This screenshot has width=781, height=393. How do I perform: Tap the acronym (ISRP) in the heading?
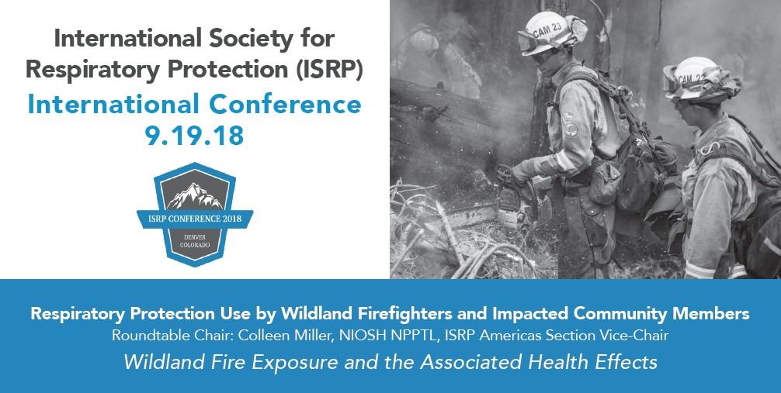coord(331,70)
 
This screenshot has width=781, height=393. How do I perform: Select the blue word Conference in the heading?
coord(285,105)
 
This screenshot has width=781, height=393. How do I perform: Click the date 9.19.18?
coord(195,136)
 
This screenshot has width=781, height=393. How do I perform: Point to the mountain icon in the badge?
coord(195,195)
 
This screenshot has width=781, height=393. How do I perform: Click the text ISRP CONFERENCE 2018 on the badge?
coord(195,219)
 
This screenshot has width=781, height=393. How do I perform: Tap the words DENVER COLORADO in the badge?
coord(195,241)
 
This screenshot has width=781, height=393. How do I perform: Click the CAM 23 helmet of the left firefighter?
coord(550,33)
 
